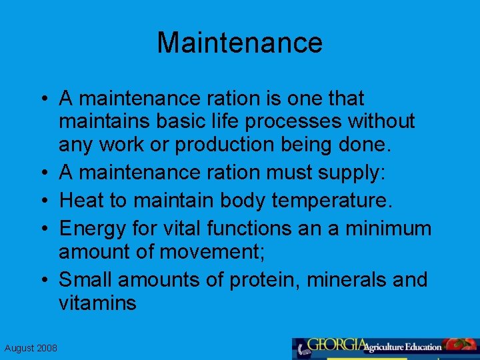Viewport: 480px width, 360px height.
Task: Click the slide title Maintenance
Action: [x=240, y=43]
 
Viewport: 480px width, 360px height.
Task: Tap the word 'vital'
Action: [x=183, y=229]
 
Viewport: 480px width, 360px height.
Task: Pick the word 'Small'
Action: [x=86, y=280]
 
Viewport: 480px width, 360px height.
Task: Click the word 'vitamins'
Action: [x=97, y=303]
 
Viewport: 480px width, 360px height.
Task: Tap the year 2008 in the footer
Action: [x=46, y=349]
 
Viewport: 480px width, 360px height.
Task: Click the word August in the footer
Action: [x=19, y=349]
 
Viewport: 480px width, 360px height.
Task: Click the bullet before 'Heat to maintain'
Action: [x=43, y=201]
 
